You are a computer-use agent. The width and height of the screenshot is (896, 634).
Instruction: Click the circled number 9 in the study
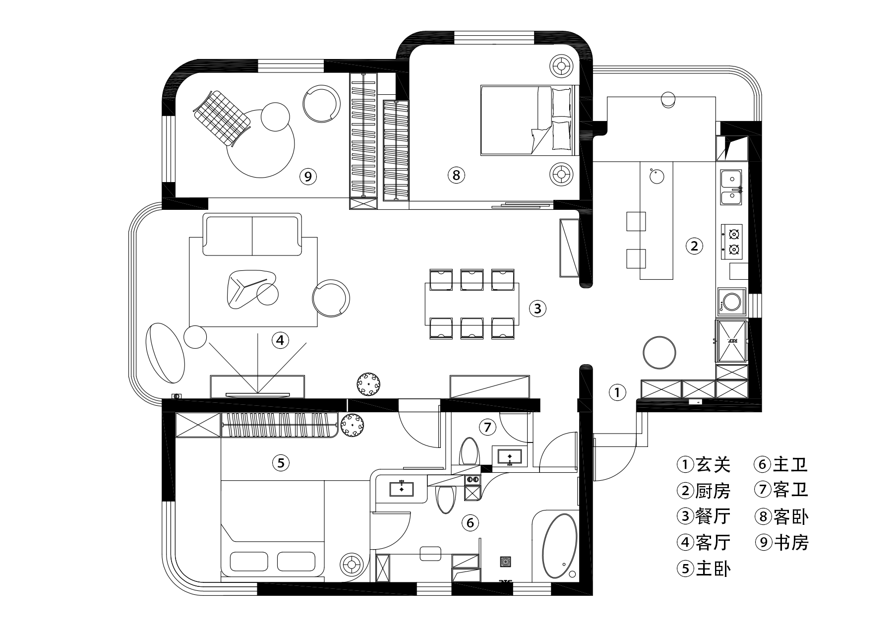tap(308, 176)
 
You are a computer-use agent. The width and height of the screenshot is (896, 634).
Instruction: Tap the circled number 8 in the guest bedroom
tap(456, 175)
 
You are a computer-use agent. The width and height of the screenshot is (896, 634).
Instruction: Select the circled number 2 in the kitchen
tap(694, 246)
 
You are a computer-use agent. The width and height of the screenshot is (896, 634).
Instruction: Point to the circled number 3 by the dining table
tap(538, 309)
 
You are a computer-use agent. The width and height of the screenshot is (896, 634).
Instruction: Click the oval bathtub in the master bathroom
tap(560, 546)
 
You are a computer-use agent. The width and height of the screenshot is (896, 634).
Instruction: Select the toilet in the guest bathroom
tap(469, 451)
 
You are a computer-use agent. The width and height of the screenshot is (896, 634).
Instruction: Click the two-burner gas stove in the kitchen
tap(732, 242)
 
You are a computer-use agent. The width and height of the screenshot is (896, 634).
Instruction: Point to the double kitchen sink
tap(731, 188)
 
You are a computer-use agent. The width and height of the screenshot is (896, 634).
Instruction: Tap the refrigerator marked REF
tap(731, 341)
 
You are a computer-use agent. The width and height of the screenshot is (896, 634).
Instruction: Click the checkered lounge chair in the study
tap(222, 117)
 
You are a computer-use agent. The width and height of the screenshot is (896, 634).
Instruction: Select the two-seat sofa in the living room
tap(252, 234)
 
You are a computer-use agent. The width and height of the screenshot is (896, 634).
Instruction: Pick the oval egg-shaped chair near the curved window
tap(165, 353)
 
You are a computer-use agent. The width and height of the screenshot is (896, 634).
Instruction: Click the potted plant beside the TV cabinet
tap(369, 384)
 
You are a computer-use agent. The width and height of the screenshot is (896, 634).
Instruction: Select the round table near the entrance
tap(659, 352)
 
